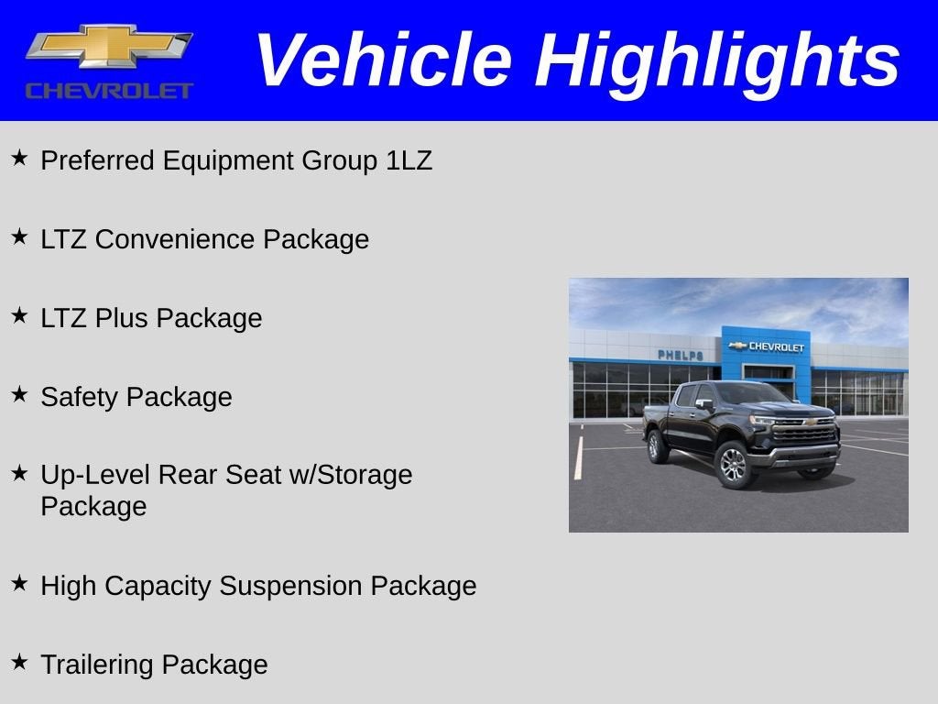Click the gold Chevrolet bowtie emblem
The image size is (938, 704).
[109, 46]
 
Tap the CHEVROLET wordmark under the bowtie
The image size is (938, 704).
[109, 91]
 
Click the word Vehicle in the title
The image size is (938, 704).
[382, 60]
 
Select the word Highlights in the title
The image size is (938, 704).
[717, 60]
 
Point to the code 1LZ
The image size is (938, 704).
[409, 161]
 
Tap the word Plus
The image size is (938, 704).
[122, 318]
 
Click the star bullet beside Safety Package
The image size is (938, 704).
[19, 395]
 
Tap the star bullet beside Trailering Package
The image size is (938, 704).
[19, 662]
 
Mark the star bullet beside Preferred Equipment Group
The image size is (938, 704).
[19, 159]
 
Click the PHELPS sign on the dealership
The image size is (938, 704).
[680, 355]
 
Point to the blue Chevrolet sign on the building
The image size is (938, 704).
[766, 346]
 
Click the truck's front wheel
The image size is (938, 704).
[735, 464]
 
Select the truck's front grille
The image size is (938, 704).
[804, 433]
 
